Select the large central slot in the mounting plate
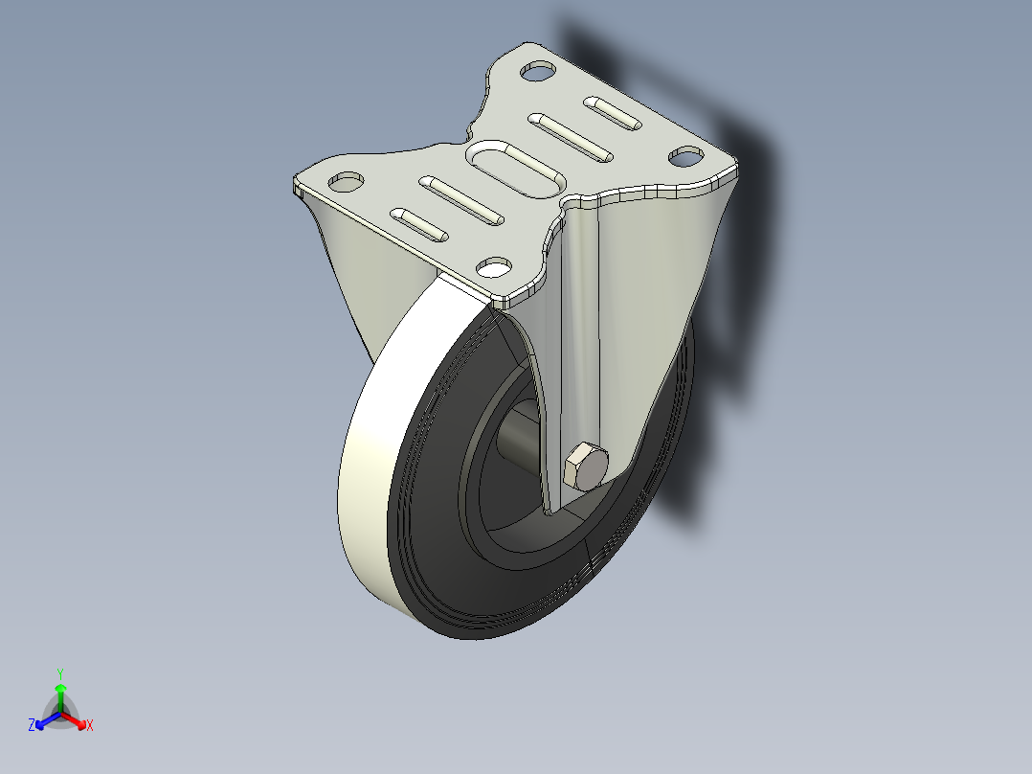coord(515,168)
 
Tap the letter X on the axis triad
coord(90,726)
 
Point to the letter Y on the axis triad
coord(60,673)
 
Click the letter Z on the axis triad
coord(32,725)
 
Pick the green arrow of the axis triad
coord(60,694)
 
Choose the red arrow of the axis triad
coord(76,718)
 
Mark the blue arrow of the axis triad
coord(45,719)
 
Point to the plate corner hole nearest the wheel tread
coord(495,265)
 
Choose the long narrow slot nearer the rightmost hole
coord(572,137)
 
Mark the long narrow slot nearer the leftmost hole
coord(461,200)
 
